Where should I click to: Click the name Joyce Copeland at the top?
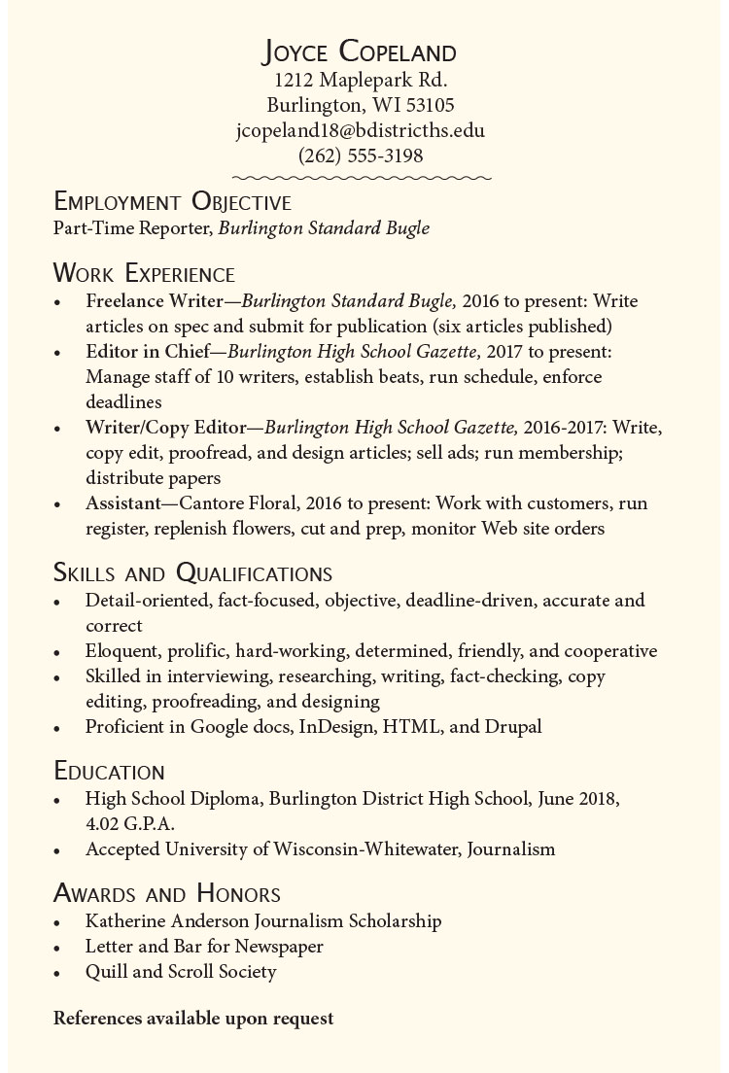click(x=361, y=52)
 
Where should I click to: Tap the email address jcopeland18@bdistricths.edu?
click(x=361, y=130)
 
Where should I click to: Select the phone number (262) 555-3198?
click(x=361, y=156)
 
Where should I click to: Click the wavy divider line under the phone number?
click(x=361, y=178)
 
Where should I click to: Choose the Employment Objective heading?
click(x=172, y=202)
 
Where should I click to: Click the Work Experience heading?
click(x=144, y=273)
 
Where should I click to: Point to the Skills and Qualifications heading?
click(x=192, y=572)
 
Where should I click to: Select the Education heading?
click(x=109, y=772)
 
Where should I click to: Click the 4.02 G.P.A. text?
click(x=129, y=823)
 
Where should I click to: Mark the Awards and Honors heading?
click(x=167, y=893)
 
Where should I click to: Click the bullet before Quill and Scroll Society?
click(x=59, y=973)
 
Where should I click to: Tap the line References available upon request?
click(x=193, y=1019)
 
